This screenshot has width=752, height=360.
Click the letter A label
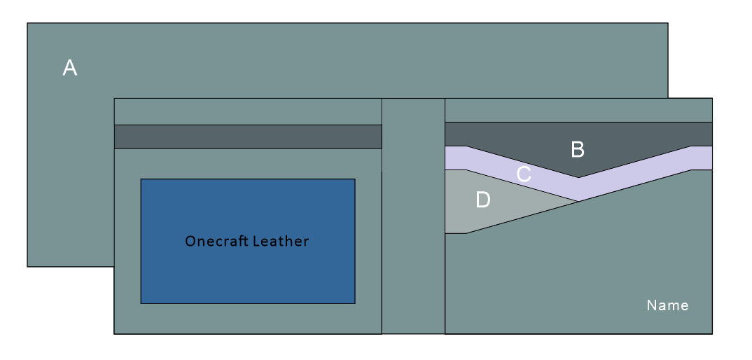tap(69, 68)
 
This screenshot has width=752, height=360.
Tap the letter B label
tap(578, 148)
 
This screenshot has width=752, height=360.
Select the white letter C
tap(523, 175)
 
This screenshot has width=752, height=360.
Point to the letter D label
tap(483, 200)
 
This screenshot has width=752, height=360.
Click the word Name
tap(667, 305)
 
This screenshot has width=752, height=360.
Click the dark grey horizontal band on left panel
tap(247, 137)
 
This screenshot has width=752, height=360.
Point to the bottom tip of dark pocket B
tap(578, 177)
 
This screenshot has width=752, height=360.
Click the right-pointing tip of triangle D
tap(578, 201)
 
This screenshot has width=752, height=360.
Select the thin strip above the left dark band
tap(247, 111)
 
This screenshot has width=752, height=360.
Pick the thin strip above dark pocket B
tap(578, 110)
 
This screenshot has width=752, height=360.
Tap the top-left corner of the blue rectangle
tap(141, 179)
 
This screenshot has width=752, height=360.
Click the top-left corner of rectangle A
tap(27, 23)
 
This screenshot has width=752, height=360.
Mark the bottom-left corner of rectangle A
tap(27, 266)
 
